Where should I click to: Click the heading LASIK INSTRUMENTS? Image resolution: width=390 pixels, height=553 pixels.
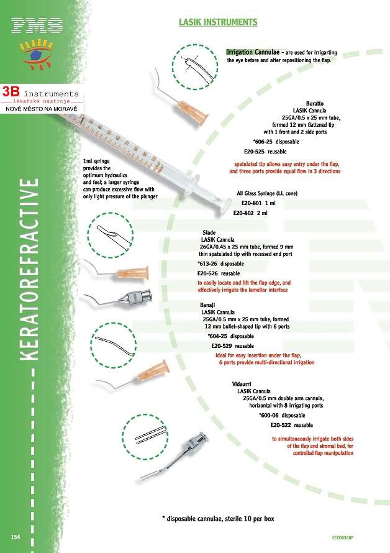point(217,22)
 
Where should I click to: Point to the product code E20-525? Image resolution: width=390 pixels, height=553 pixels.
point(255,151)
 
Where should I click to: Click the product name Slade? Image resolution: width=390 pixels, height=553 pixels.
point(208,232)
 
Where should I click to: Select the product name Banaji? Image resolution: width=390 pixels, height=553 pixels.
point(207,306)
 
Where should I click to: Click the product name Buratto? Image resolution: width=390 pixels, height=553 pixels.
point(315,103)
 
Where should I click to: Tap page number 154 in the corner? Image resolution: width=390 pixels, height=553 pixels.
point(16,536)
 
